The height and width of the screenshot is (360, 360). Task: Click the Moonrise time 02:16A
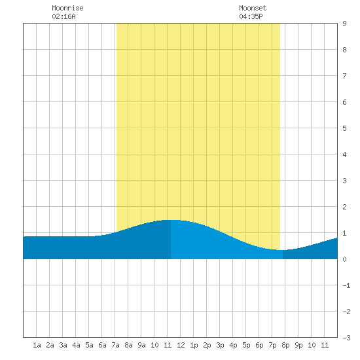click(x=63, y=16)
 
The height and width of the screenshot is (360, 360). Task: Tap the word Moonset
click(x=253, y=8)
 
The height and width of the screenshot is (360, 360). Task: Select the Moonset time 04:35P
click(x=251, y=16)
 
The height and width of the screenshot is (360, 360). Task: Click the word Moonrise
click(x=67, y=8)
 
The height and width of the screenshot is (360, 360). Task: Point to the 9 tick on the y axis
click(x=344, y=24)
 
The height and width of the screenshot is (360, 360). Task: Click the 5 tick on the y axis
click(x=344, y=128)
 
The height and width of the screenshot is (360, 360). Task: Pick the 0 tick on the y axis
click(x=344, y=259)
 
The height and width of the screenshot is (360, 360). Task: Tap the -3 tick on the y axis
click(x=346, y=338)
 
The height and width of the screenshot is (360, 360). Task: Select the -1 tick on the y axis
click(x=346, y=285)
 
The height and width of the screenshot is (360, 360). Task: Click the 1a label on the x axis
click(x=37, y=345)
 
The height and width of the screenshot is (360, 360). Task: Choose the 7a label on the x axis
click(x=115, y=345)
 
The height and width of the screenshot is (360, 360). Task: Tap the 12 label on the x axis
click(x=181, y=345)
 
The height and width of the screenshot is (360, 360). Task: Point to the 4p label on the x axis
click(x=233, y=345)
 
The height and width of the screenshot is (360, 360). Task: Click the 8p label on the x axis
click(x=285, y=345)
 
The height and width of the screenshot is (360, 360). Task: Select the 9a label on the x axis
click(x=141, y=345)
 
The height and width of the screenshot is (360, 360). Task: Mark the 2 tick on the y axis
click(x=344, y=207)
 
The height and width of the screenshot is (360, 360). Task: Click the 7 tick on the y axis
click(x=344, y=76)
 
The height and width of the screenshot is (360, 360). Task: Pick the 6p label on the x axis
click(x=259, y=345)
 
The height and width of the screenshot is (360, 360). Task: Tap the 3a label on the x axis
click(x=63, y=345)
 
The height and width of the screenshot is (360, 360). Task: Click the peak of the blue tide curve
click(x=171, y=220)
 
